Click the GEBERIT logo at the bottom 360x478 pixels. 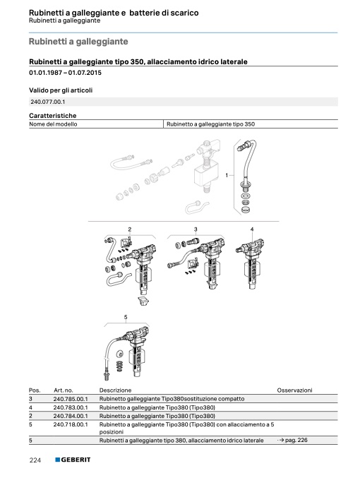(x=73, y=460)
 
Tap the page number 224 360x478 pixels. (x=35, y=460)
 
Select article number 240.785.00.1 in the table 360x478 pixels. (x=71, y=399)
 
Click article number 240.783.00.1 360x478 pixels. (x=71, y=407)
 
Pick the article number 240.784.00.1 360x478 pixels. (x=71, y=416)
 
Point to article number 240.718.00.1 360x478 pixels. (x=71, y=424)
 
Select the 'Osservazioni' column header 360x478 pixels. (x=294, y=390)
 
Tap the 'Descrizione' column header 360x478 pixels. (x=115, y=390)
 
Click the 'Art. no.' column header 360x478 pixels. (x=63, y=390)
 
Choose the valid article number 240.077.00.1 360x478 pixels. (x=47, y=102)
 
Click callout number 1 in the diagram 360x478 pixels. (x=227, y=175)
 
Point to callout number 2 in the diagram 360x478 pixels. (x=130, y=229)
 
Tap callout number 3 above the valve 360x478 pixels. (x=196, y=229)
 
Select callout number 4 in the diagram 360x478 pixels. (x=252, y=229)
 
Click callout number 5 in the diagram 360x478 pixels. (x=126, y=317)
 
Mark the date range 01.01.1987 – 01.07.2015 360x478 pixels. (x=65, y=73)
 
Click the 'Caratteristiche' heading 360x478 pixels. (x=53, y=116)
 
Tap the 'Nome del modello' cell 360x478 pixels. (x=53, y=124)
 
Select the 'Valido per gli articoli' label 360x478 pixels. (x=61, y=90)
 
